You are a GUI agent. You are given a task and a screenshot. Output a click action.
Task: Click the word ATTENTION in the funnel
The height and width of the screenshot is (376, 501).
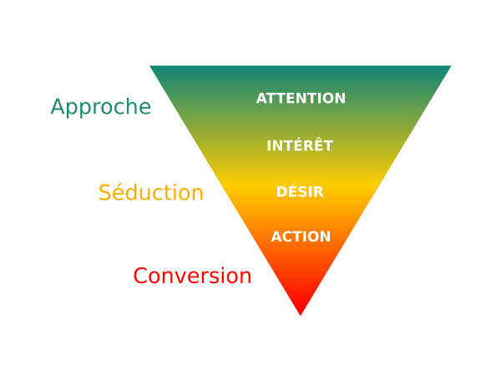[x=301, y=98]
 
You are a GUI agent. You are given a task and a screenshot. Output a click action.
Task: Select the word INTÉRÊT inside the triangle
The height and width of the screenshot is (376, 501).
[x=300, y=145]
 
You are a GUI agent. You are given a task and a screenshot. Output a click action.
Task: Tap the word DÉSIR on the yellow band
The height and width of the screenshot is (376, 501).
[x=300, y=192]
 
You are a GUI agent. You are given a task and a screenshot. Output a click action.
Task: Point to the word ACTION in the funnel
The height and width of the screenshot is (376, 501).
[x=301, y=236]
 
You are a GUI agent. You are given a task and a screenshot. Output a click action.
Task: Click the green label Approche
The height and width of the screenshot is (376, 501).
[x=100, y=108]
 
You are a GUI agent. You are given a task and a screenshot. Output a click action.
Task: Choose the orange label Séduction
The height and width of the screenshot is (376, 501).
[x=151, y=192]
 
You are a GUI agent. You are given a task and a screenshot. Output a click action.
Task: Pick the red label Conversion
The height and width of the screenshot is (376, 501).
[x=192, y=275]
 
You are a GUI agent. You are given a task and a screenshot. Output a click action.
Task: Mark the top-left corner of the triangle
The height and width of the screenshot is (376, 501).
[x=152, y=67]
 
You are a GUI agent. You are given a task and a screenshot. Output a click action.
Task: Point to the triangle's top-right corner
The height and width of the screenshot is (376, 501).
[x=449, y=67]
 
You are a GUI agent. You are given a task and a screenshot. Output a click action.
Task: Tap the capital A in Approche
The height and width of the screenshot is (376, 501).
[x=57, y=107]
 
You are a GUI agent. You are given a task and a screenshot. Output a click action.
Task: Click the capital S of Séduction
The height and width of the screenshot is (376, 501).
[x=104, y=192]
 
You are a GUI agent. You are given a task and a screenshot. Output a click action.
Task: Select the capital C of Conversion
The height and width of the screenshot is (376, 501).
[x=140, y=275]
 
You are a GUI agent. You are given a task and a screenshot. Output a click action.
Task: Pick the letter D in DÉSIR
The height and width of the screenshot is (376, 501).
[x=281, y=192]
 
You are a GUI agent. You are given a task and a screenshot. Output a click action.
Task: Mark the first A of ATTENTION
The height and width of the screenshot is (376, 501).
[x=261, y=98]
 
